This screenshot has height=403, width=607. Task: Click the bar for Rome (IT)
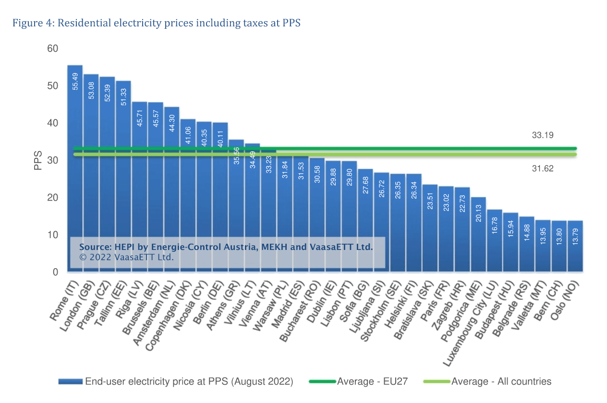(75, 168)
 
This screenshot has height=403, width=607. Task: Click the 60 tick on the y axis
(53, 49)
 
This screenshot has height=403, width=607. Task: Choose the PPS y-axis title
(38, 161)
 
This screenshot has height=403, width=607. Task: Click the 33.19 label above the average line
(543, 135)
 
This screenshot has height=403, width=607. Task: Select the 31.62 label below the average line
(543, 168)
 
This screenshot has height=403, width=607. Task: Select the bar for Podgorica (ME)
(478, 235)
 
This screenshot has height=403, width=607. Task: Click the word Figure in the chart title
(26, 23)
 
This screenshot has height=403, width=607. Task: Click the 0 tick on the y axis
(55, 272)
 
